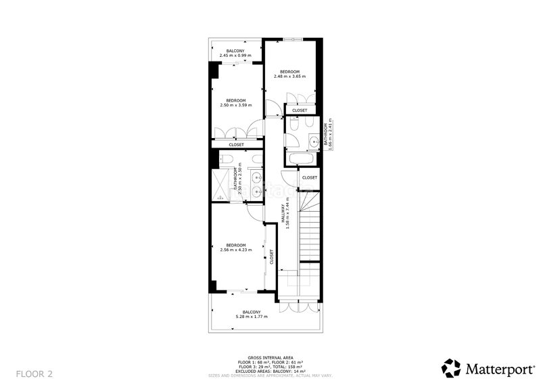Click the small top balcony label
click(235, 53)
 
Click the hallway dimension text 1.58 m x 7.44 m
click(288, 214)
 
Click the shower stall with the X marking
click(221, 183)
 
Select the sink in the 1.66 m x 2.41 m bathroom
click(314, 141)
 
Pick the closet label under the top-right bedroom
click(300, 110)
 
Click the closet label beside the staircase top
click(310, 177)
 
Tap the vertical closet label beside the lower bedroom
click(272, 256)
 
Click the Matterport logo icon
click(451, 368)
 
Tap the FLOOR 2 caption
click(34, 373)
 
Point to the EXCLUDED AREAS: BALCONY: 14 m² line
click(270, 371)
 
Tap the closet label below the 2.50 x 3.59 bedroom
click(236, 144)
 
